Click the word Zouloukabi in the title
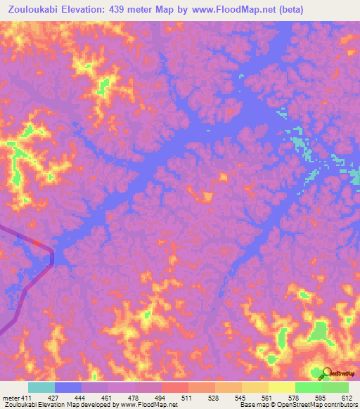tap(33, 10)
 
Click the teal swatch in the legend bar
tap(41, 387)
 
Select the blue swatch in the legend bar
tap(68, 387)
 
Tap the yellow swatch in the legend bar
tap(282, 387)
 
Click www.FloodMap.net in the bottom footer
tap(150, 405)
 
